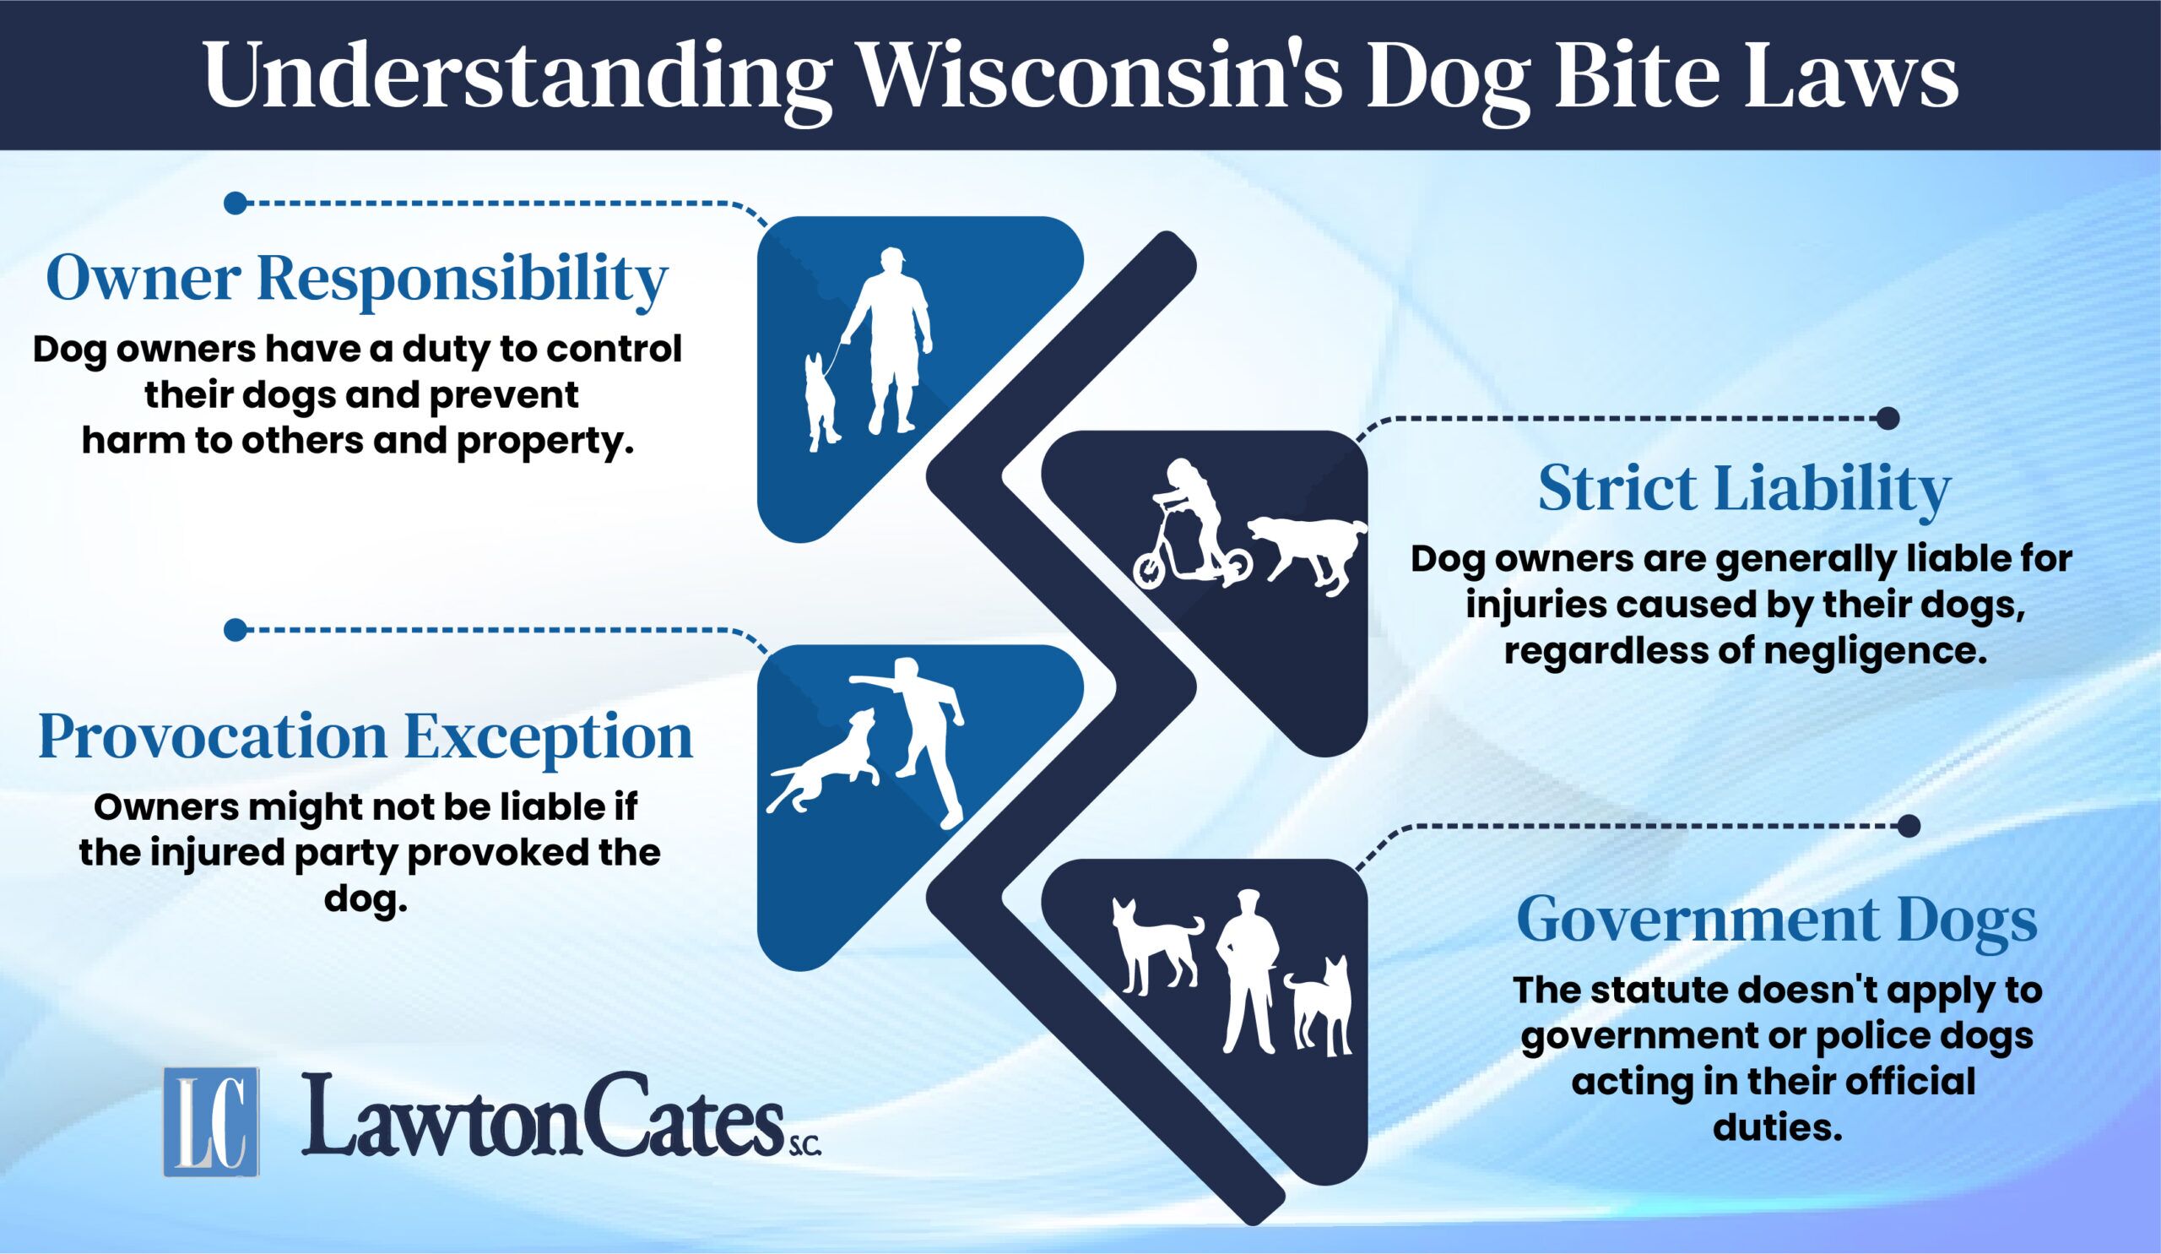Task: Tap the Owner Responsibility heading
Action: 357,279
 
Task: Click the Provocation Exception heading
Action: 366,738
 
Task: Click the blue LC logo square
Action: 212,1122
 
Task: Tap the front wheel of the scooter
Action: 1151,569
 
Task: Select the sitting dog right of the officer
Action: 1321,1005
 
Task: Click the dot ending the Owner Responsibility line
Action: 235,204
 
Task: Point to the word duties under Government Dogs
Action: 1778,1127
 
